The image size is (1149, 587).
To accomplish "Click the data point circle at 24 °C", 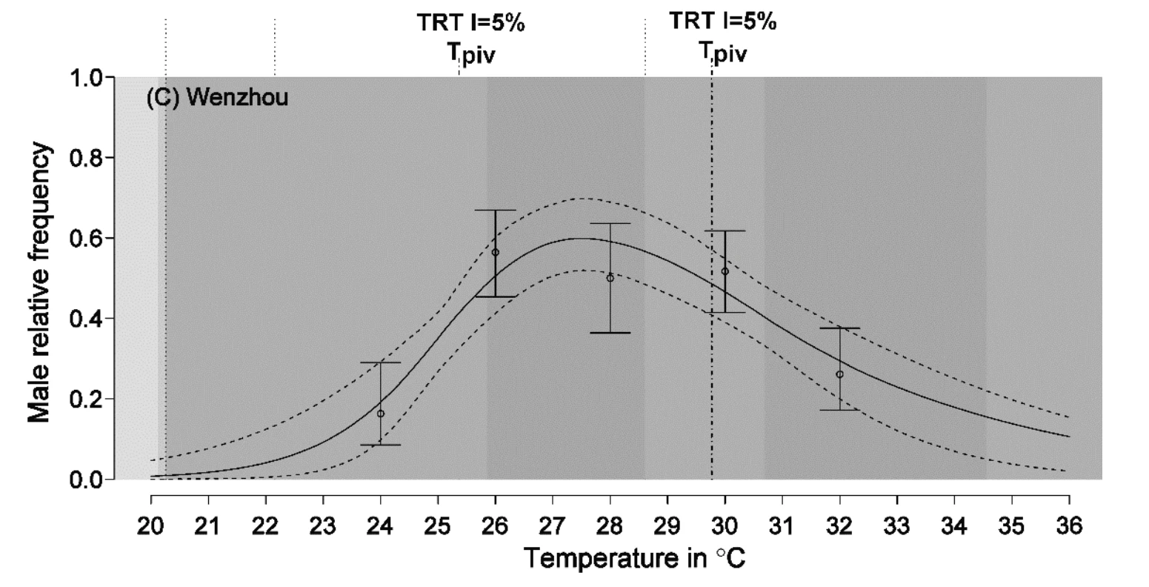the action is [x=381, y=414].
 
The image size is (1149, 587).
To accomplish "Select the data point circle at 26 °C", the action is [x=496, y=253].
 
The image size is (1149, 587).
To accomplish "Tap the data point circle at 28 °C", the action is [x=610, y=278].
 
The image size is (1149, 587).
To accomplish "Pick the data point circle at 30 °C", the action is [x=725, y=271].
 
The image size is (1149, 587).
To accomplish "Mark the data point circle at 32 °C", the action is [x=839, y=374].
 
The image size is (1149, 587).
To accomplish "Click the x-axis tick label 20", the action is [x=151, y=526].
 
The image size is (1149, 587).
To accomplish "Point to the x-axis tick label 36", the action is [x=1069, y=526].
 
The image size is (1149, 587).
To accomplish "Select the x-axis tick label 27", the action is [x=553, y=526].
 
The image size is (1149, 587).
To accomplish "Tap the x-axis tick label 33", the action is [x=897, y=526].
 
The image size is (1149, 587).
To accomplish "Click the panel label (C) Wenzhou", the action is [x=218, y=97].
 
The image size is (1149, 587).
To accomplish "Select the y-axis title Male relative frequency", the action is [x=40, y=282].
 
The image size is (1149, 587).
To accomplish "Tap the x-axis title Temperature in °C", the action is [x=634, y=558].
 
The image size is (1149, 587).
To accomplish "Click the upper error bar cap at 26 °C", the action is [x=496, y=210].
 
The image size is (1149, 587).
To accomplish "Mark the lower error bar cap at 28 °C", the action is [x=610, y=333].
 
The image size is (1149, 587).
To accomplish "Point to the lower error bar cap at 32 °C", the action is [x=839, y=410].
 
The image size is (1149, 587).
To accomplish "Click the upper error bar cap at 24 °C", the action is [x=381, y=362].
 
